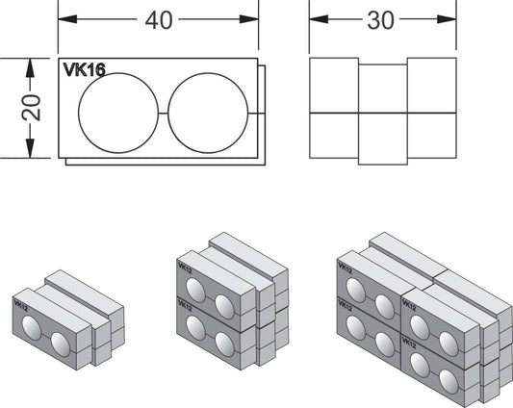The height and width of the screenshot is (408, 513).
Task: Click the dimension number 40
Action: point(159,20)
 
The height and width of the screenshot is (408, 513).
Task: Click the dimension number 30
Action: point(380,20)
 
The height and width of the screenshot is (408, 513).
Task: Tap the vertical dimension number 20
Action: point(31,108)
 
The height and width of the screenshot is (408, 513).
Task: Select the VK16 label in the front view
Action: point(85,69)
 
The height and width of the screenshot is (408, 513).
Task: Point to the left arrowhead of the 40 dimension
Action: point(67,19)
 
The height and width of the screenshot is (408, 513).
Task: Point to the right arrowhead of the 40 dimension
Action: point(249,19)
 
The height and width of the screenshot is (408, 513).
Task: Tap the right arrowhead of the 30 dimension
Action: point(447,19)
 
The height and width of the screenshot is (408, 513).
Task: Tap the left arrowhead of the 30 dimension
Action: point(319,19)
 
